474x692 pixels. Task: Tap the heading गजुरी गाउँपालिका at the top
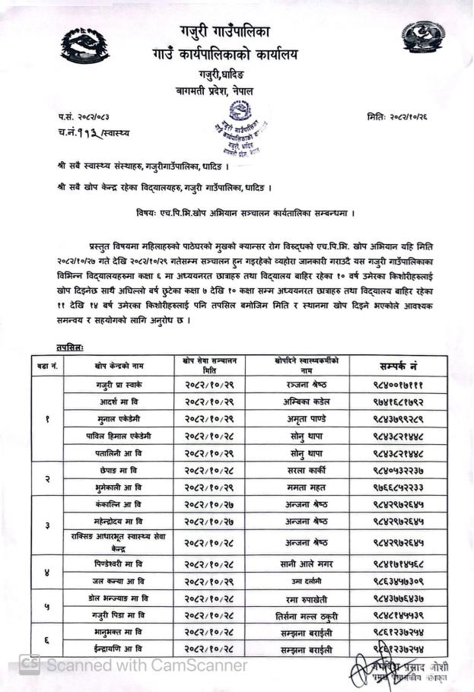coord(225,30)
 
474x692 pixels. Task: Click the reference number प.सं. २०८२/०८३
coord(88,116)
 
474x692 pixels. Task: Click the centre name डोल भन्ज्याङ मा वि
coord(119,598)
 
